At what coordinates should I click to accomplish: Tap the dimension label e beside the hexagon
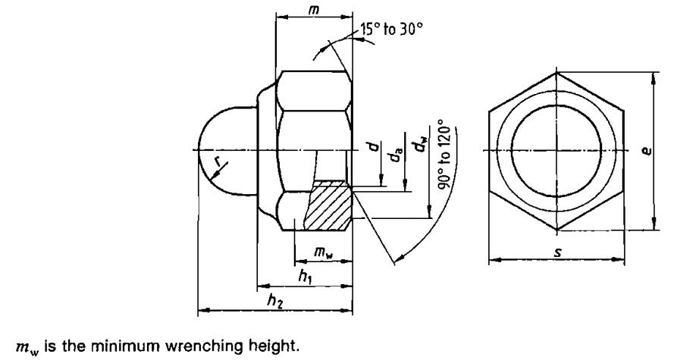663,151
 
